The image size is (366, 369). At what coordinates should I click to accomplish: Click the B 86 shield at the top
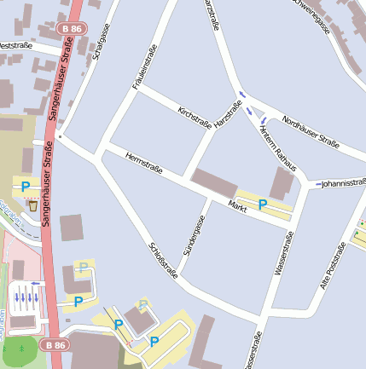[73, 28]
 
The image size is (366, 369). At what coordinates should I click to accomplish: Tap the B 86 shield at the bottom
[55, 344]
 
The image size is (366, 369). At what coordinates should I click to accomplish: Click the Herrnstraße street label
[143, 163]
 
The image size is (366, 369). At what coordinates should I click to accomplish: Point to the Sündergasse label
[195, 236]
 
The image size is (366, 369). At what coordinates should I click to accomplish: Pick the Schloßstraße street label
[163, 261]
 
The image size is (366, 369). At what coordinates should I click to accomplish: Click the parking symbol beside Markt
[263, 205]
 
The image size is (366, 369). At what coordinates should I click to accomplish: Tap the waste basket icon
[33, 205]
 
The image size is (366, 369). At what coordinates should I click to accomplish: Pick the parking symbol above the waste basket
[26, 186]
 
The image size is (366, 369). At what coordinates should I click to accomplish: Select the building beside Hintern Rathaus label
[282, 183]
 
